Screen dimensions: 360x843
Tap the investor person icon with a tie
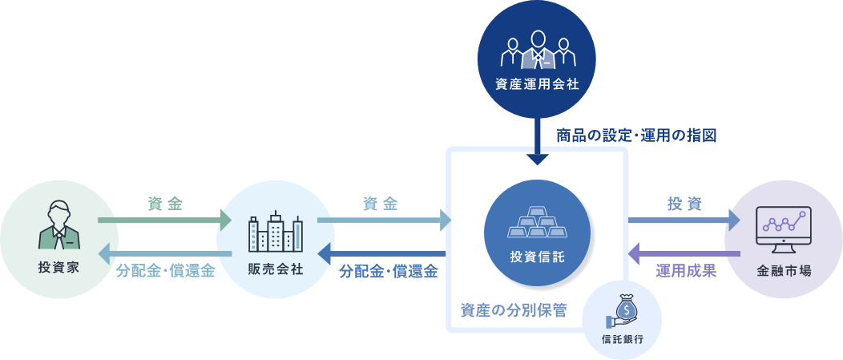[59, 224]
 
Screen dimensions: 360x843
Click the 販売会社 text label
[276, 268]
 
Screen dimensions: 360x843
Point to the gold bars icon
[537, 224]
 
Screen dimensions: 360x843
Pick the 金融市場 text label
[783, 269]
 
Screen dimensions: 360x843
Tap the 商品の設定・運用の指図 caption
[635, 135]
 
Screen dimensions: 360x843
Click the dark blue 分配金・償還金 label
[388, 271]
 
